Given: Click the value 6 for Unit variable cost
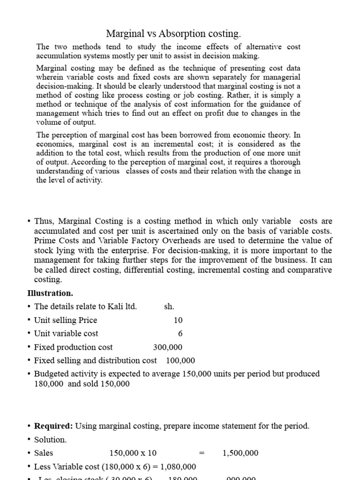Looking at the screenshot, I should point(180,333).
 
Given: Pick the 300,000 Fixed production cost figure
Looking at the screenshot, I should point(168,347).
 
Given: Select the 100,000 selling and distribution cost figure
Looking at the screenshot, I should point(180,360).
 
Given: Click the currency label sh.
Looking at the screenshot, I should point(169,307).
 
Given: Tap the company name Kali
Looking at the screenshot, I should point(114,307).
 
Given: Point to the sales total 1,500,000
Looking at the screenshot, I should point(240,453).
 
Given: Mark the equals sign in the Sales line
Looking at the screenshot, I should point(202,453).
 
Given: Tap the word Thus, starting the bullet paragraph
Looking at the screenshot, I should point(45,221).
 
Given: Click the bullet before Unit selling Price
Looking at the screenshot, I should point(29,320).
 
